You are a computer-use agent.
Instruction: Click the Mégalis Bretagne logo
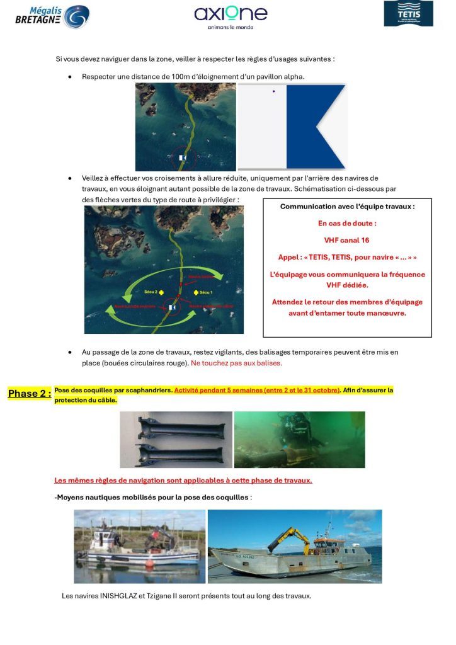(52, 16)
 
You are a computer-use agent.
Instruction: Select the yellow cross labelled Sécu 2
(161, 292)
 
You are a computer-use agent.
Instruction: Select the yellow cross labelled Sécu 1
(197, 292)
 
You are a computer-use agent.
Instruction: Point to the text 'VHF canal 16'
(346, 240)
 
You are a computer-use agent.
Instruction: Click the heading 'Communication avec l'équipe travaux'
(347, 206)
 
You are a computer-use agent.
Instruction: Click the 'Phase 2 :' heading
(29, 394)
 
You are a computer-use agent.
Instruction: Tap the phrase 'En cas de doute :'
(347, 223)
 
